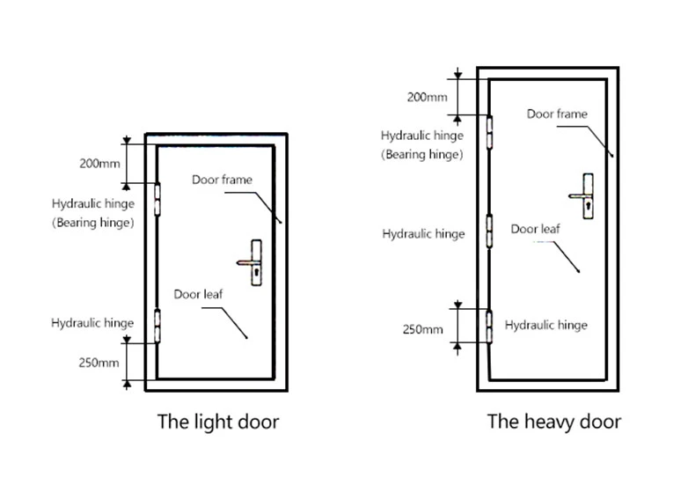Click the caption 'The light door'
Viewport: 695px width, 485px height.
coord(218,422)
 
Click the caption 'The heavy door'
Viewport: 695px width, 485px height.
coord(554,422)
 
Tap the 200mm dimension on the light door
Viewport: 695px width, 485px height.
coord(99,164)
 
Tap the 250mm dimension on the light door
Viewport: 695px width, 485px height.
coord(99,363)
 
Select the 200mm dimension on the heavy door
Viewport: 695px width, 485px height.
coord(428,97)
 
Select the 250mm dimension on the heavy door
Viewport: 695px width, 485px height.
coord(423,329)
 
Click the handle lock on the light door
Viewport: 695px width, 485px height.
coord(250,262)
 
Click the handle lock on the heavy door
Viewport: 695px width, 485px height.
coord(582,195)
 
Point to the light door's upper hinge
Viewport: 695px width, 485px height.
coord(157,200)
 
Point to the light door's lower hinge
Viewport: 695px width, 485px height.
coord(157,327)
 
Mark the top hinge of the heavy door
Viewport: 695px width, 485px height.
coord(489,132)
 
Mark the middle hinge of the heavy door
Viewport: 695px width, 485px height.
coord(489,231)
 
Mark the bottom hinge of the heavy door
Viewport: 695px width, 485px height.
coord(489,327)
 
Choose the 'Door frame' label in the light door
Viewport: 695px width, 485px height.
coord(222,180)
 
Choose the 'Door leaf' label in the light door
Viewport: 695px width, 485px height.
coord(198,294)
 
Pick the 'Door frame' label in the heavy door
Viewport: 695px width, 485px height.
coord(557,114)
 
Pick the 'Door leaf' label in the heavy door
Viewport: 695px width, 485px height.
coord(536,229)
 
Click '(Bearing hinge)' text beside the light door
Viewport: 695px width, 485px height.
coord(93,222)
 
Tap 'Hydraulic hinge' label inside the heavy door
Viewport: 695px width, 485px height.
coord(546,325)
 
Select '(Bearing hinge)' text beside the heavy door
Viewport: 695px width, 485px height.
coord(422,154)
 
